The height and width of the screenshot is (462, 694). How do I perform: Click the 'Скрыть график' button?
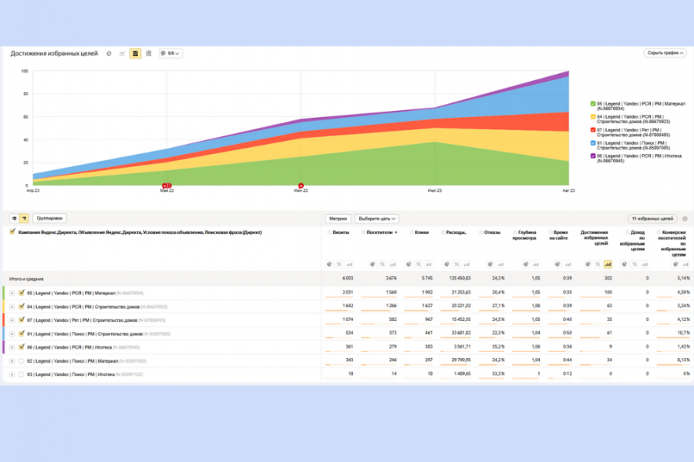click(x=665, y=53)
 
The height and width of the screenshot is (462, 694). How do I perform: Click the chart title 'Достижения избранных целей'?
click(x=54, y=53)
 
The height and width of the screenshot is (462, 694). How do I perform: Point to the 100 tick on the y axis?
click(x=25, y=71)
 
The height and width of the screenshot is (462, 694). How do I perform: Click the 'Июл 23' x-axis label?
click(x=435, y=190)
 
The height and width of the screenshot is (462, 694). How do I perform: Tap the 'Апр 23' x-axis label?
click(x=32, y=190)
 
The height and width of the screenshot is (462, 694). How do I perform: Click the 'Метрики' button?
click(x=337, y=219)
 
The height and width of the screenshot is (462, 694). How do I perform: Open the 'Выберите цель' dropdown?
click(x=377, y=219)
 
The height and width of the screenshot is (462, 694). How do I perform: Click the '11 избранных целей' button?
click(x=653, y=219)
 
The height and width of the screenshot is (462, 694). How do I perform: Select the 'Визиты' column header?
click(x=340, y=232)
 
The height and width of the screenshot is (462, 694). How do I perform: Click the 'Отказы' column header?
click(x=492, y=232)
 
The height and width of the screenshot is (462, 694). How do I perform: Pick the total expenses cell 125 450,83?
click(x=455, y=279)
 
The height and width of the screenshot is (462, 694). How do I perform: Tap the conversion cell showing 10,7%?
click(x=682, y=333)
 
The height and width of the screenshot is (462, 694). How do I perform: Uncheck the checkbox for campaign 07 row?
click(x=22, y=320)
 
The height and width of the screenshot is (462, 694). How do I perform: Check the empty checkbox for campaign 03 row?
click(x=22, y=374)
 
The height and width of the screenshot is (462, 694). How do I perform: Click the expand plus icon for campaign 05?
click(x=12, y=293)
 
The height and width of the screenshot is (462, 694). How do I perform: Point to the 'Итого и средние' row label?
click(x=26, y=279)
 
